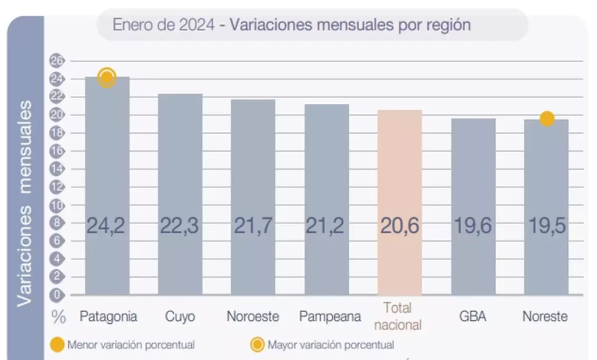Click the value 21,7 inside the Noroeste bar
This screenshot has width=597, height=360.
[253, 226]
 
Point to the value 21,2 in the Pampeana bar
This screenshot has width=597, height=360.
[326, 226]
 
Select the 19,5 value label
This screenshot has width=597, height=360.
[546, 226]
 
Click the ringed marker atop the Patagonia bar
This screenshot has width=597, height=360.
[107, 78]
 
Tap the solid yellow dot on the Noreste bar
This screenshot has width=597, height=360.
[547, 119]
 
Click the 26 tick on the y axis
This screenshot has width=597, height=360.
[58, 61]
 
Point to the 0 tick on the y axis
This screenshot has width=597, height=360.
[58, 295]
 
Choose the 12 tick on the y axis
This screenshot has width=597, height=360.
[58, 187]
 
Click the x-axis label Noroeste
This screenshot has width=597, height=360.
[253, 317]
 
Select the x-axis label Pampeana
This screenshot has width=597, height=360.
[326, 317]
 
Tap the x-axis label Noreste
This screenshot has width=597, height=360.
[545, 317]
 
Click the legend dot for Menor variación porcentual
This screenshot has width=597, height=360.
[58, 345]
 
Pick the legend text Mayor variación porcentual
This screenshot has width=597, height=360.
[331, 345]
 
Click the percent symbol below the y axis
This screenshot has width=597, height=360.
[58, 317]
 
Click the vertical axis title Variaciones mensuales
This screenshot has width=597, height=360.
[25, 203]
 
